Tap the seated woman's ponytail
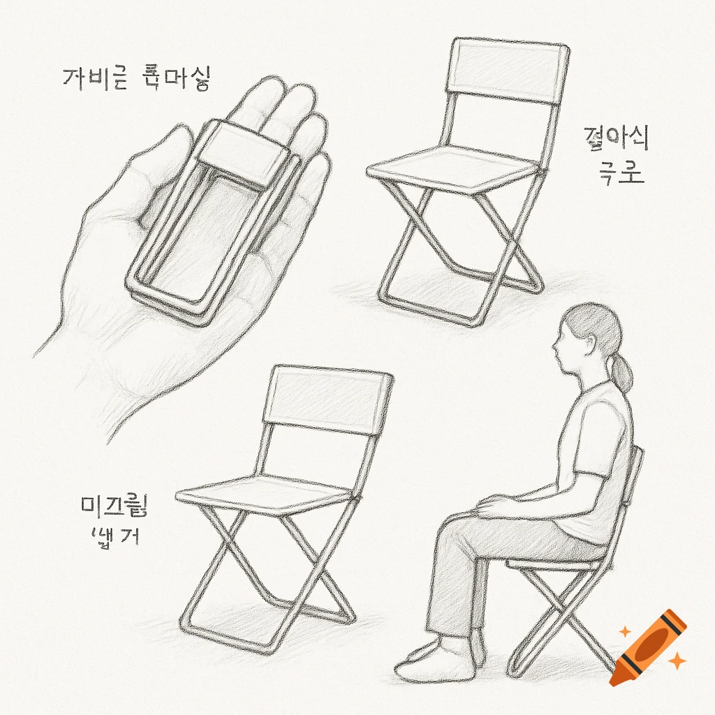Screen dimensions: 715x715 click(621, 370)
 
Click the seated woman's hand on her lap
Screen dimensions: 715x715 click(492, 504)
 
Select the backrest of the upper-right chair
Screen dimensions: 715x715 click(508, 73)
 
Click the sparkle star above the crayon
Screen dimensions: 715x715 click(626, 631)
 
